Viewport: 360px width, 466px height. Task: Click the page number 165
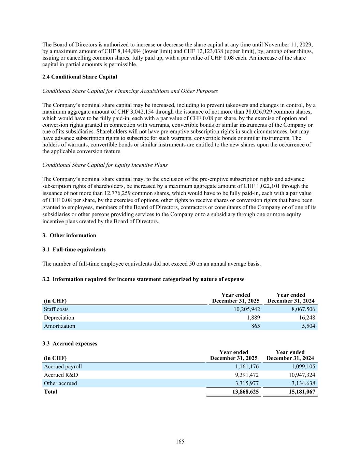180,442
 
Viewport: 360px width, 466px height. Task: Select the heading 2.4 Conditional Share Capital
80,77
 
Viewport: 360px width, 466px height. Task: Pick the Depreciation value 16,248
306,317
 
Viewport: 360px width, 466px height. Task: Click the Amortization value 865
255,326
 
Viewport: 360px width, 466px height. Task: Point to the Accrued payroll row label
63,367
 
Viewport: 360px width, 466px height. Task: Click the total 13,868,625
245,392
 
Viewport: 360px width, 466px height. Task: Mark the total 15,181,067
302,392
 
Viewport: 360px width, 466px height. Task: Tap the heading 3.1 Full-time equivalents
74,250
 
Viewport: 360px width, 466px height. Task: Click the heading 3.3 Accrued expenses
70,343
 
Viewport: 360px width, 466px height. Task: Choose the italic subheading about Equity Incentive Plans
105,165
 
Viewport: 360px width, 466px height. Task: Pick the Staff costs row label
56,309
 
